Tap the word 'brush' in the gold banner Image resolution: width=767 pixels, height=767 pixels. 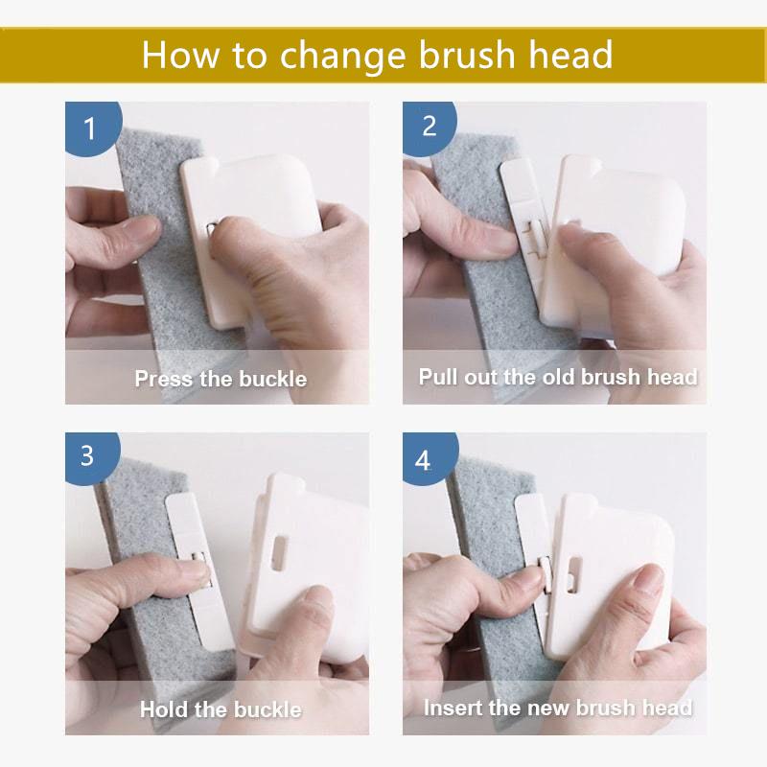pyautogui.click(x=467, y=54)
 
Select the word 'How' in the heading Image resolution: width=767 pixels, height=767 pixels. pyautogui.click(x=181, y=54)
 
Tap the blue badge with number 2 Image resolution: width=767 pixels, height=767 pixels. pyautogui.click(x=430, y=128)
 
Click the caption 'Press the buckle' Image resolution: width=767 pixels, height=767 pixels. pyautogui.click(x=221, y=379)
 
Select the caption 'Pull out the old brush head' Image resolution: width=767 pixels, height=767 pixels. pyautogui.click(x=558, y=377)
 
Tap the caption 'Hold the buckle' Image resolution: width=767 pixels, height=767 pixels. pyautogui.click(x=221, y=709)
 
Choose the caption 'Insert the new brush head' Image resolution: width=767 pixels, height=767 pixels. pyautogui.click(x=558, y=708)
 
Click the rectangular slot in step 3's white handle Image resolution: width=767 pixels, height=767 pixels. pyautogui.click(x=279, y=553)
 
